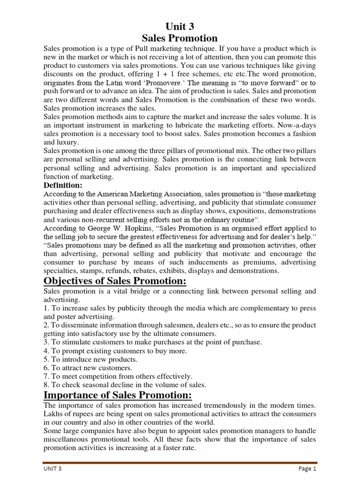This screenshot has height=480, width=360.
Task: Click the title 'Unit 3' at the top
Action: [x=180, y=27]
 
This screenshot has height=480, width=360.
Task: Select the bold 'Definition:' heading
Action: [x=63, y=185]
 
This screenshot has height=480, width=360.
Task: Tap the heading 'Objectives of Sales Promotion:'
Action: [x=115, y=281]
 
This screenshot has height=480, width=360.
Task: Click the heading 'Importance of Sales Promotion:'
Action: [x=118, y=395]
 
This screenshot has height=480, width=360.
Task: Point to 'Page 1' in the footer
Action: [x=307, y=468]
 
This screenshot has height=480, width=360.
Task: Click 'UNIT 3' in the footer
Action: [x=53, y=468]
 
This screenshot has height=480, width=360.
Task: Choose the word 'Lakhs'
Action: [x=54, y=414]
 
